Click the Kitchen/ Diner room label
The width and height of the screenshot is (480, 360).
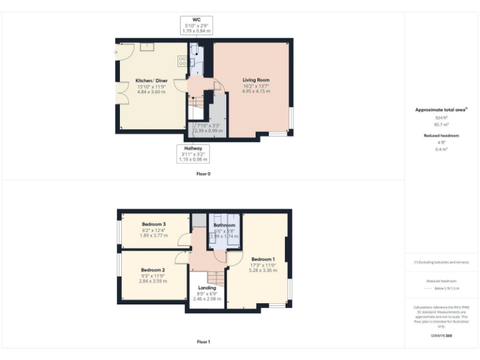tap(151, 81)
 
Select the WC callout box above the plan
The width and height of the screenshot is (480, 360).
tap(196, 25)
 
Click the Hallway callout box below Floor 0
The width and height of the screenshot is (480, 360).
tap(193, 154)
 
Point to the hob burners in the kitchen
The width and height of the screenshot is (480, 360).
tap(182, 61)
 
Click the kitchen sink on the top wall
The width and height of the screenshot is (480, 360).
tap(147, 46)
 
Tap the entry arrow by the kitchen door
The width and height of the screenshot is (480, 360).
tap(116, 52)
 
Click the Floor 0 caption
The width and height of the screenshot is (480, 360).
tap(203, 174)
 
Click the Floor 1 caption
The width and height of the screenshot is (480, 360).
tap(203, 342)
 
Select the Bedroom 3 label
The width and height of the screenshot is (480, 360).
tap(153, 224)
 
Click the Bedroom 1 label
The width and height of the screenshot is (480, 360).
tap(262, 259)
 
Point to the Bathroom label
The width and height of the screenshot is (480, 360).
tap(224, 225)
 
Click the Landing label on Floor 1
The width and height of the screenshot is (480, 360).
tap(207, 288)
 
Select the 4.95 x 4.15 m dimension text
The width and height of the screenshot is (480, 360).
tap(256, 91)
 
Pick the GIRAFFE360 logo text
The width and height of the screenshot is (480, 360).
tap(441, 336)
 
